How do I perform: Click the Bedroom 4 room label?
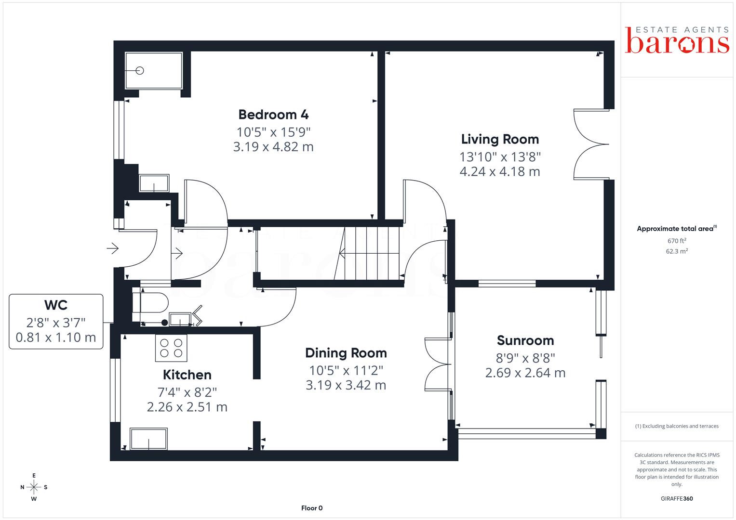point(273,115)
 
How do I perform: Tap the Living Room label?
point(500,139)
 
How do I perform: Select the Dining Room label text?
point(346,353)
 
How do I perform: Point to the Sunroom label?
point(525,340)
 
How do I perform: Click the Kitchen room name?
point(187,375)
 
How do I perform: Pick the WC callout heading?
point(56,305)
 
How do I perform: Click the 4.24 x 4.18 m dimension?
point(500,171)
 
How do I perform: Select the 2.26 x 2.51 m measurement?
point(187,407)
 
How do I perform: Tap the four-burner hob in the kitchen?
point(171,348)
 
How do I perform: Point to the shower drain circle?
point(140,71)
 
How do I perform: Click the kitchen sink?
point(148,439)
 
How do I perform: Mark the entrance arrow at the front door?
point(113,248)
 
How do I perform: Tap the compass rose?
point(34,487)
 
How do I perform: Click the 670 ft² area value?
point(677,241)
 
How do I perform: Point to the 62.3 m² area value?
point(677,251)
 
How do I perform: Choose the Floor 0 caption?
point(312,508)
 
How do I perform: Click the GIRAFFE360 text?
point(677,499)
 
